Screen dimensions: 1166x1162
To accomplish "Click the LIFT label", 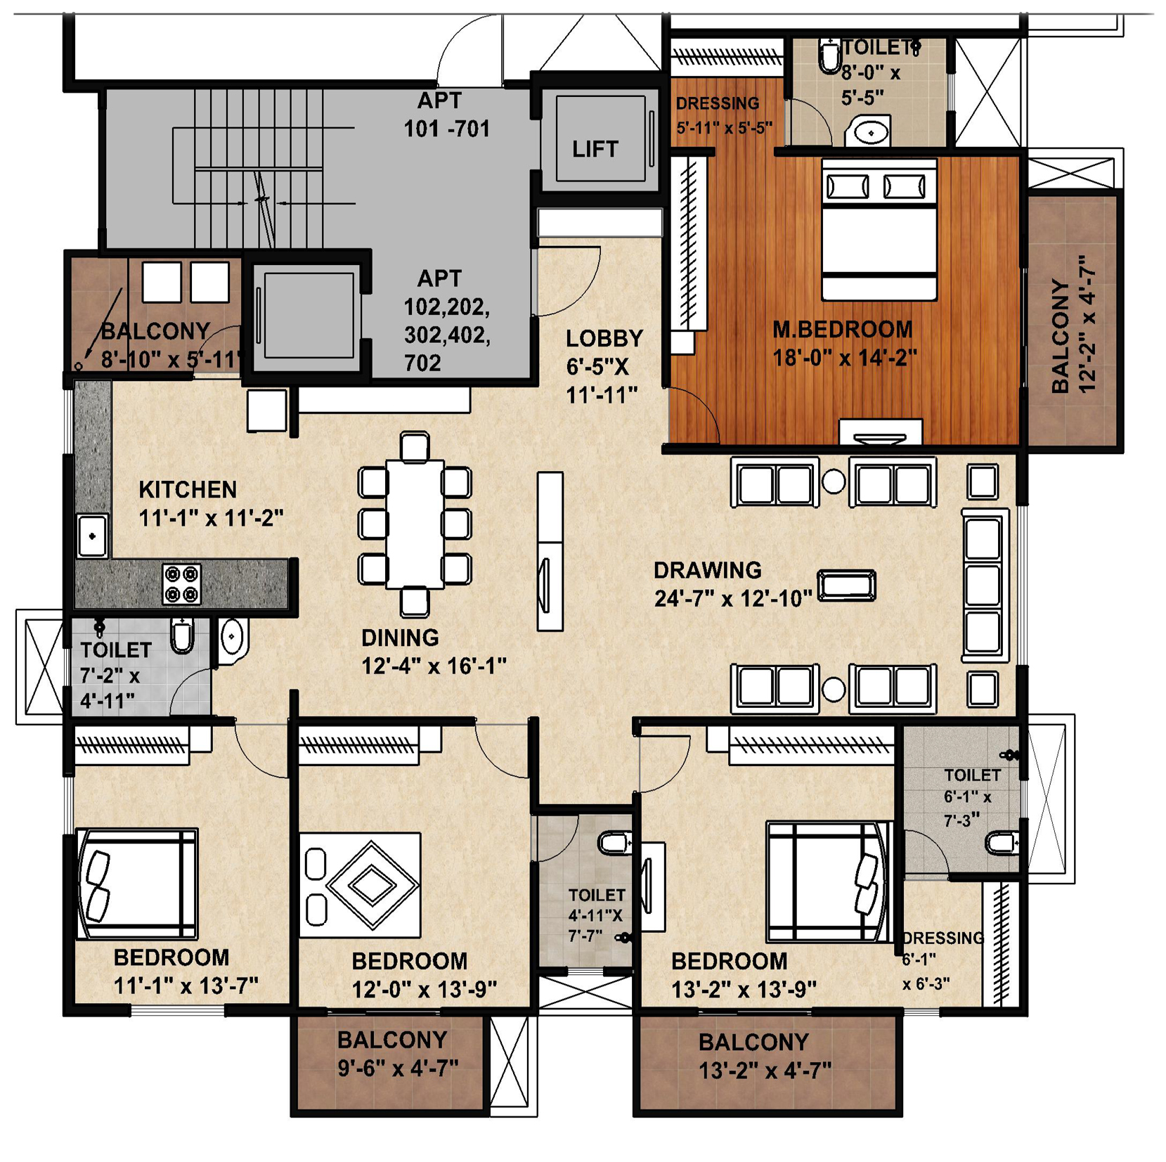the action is (x=595, y=149).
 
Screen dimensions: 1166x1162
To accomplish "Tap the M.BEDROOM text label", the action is (x=842, y=329).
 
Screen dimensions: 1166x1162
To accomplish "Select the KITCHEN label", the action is (x=188, y=489).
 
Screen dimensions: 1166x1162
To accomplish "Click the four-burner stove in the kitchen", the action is (x=182, y=583).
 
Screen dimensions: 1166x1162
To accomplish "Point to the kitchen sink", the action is (x=92, y=536).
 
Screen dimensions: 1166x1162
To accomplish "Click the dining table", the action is (x=415, y=524).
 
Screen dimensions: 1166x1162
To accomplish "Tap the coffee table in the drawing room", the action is (x=846, y=586).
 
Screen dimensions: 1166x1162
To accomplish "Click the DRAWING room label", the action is (x=707, y=570).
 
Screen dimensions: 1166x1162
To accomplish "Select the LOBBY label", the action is (x=604, y=339).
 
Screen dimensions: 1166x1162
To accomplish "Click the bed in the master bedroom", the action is (x=879, y=229).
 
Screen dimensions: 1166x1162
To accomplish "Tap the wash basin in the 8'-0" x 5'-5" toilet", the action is (x=871, y=132).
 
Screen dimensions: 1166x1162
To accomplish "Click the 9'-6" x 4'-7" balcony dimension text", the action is (x=398, y=1069).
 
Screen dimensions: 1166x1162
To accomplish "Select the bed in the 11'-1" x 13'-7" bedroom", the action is (x=136, y=884).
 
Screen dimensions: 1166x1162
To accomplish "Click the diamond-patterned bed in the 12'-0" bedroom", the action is (x=360, y=885).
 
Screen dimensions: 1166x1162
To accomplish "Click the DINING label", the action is (x=400, y=638).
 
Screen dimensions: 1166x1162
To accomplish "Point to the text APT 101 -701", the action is (x=446, y=115).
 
